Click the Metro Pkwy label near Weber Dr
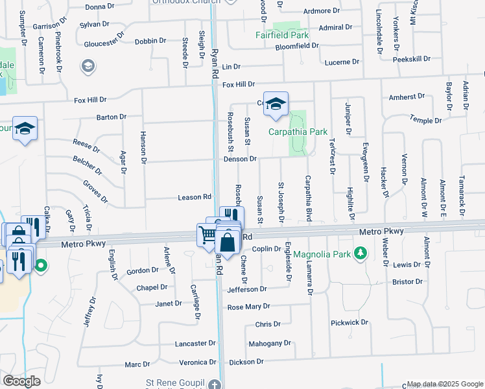click(x=381, y=231)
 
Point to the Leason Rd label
click(x=195, y=197)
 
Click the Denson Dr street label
click(x=241, y=159)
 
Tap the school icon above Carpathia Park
click(x=276, y=104)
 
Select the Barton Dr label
click(x=111, y=117)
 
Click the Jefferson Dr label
click(x=247, y=289)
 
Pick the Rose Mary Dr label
click(x=248, y=306)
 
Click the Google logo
click(x=21, y=381)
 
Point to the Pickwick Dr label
click(x=349, y=322)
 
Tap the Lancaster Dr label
click(x=195, y=343)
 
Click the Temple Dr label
click(x=425, y=120)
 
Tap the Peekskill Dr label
click(x=412, y=59)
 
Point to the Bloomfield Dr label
click(x=297, y=46)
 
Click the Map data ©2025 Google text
click(x=444, y=384)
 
